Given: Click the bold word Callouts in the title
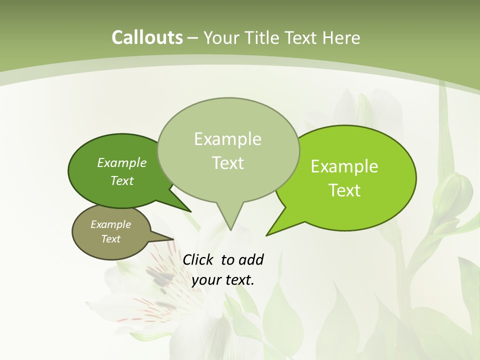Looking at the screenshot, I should [x=147, y=37].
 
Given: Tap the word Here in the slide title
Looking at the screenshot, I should [x=342, y=37].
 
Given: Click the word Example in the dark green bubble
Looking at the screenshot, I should [x=122, y=162].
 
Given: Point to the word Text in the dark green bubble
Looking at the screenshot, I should [x=122, y=180].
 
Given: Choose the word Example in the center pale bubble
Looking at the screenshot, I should [x=227, y=139].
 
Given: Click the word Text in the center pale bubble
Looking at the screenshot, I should [x=227, y=163].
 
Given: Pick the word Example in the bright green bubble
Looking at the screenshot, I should [x=344, y=166].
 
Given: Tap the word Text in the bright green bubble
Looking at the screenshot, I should [x=344, y=190].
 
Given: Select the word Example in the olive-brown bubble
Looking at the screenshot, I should [x=111, y=224].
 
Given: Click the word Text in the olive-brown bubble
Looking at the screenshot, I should [x=111, y=239].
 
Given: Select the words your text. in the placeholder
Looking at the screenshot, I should [x=223, y=280].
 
